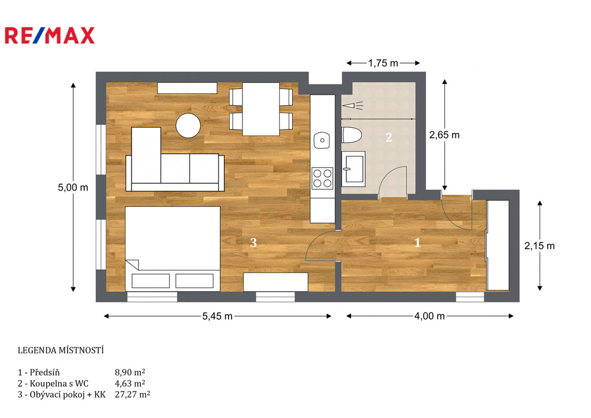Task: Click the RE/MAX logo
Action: [50, 35]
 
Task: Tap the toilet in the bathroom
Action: [351, 135]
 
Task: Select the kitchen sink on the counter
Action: [322, 140]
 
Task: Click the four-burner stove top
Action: [322, 178]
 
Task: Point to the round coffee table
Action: [188, 125]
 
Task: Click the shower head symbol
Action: [353, 105]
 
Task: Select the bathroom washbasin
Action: [353, 169]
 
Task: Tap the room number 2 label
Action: [389, 138]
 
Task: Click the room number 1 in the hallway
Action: [417, 242]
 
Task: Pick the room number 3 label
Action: [253, 242]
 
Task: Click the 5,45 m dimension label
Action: [218, 316]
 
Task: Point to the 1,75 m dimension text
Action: [383, 63]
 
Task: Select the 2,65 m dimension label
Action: [444, 135]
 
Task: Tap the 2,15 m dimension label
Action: [540, 246]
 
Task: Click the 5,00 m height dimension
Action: [73, 187]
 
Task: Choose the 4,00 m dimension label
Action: [429, 316]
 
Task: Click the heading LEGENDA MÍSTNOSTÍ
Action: [61, 350]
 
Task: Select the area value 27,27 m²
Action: [132, 395]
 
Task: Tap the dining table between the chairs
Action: [261, 109]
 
